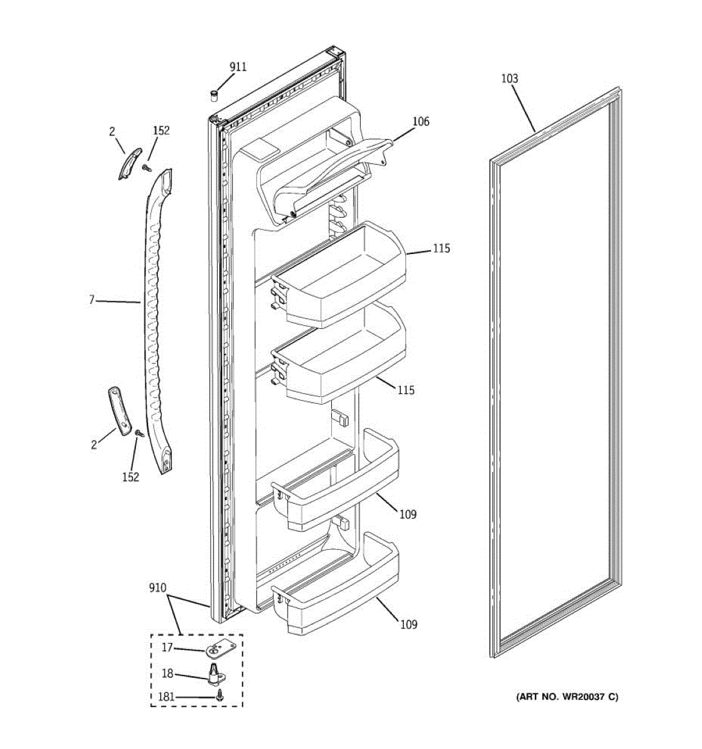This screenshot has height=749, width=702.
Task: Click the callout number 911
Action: coord(238,67)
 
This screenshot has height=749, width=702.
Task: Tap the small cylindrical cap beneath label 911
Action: coord(214,95)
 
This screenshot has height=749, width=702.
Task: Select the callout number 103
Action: coord(509,79)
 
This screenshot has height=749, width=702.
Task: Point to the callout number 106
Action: coord(421,122)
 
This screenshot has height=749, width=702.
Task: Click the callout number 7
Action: coord(91,300)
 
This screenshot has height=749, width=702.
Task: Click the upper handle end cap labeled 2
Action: coord(130,164)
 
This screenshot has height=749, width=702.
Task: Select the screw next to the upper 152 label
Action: coord(147,167)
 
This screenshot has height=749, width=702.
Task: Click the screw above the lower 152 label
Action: coord(140,433)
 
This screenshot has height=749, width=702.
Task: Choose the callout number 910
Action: coord(158,588)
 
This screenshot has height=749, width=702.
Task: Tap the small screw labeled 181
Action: coord(219,695)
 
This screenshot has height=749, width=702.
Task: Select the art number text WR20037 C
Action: coord(567,697)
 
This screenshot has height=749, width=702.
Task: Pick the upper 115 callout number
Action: coord(441,249)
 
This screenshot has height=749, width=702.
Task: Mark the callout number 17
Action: coord(167,648)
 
